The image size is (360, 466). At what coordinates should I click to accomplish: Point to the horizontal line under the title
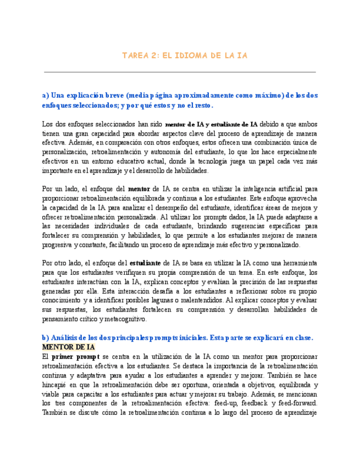(x=180, y=72)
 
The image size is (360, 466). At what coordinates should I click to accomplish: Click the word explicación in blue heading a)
(x=92, y=95)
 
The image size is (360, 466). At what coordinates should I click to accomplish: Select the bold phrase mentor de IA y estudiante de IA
(x=211, y=124)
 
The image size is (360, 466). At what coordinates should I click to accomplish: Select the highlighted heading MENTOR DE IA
(x=69, y=347)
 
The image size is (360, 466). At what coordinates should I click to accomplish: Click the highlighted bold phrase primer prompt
(x=76, y=356)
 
